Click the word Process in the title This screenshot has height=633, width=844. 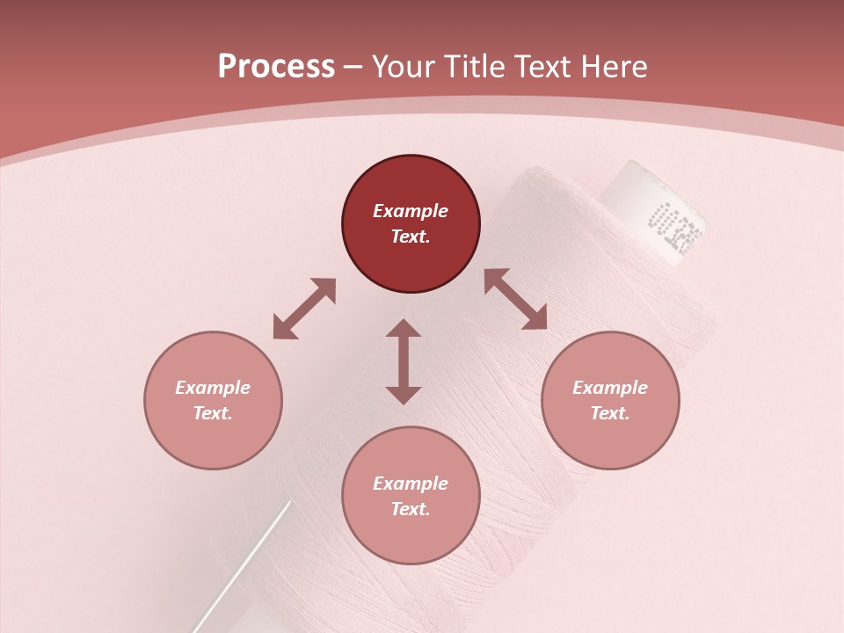coord(276,67)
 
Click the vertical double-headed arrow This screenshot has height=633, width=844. coord(404,361)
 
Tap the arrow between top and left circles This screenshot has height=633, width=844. coord(304,309)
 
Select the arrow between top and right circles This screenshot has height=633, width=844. coord(516,299)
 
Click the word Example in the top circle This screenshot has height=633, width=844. coord(411,211)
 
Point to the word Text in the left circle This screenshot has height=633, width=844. coord(213,413)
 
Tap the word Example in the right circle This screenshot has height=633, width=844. coord(610,388)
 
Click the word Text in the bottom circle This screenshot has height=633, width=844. coord(411,509)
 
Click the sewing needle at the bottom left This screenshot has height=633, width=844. coord(247,562)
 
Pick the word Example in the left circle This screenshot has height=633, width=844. coord(213,388)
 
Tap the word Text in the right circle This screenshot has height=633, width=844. coord(610,413)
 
